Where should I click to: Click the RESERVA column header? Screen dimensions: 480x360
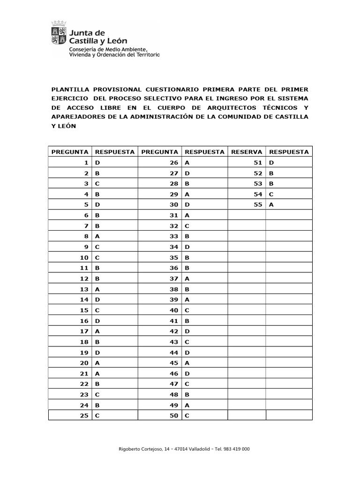[x=247, y=152]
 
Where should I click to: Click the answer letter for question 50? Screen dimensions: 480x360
[x=187, y=416]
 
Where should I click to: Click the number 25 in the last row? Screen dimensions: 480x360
[x=84, y=416]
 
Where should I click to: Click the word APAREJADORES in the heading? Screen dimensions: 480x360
[x=77, y=117]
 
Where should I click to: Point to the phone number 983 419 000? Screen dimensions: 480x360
[x=238, y=449]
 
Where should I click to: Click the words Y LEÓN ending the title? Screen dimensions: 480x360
[x=63, y=126]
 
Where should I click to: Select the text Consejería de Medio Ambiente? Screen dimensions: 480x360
[x=108, y=49]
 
